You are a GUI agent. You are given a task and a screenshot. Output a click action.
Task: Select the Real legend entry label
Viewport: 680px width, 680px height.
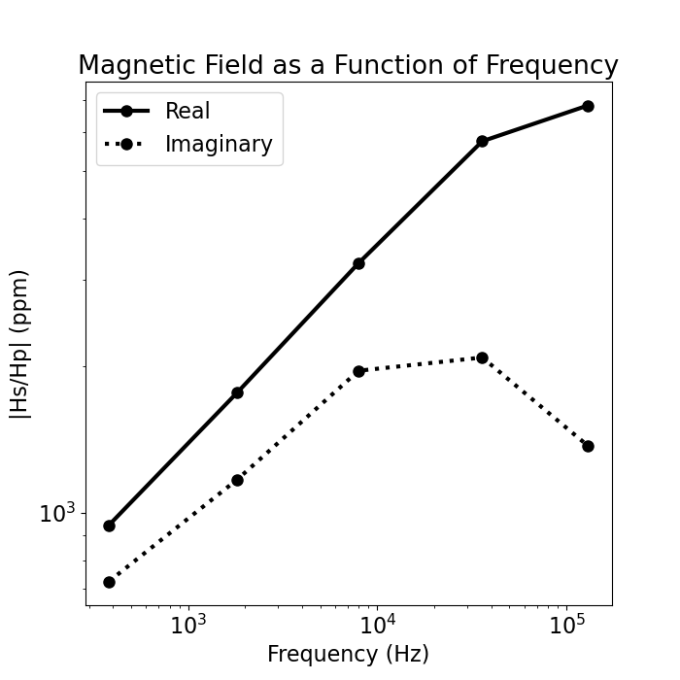coord(187,112)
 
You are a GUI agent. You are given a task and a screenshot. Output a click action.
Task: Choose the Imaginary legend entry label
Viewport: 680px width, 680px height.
coord(219,145)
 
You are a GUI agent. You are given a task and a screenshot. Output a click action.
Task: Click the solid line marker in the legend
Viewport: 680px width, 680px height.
coord(126,112)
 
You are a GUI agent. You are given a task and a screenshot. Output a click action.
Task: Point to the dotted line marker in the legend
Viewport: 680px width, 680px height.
coord(126,145)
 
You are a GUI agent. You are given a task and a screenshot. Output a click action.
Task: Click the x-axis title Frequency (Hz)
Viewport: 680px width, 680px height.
coord(348,654)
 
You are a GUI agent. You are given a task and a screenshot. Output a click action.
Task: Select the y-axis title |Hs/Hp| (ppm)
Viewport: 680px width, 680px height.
coord(20,343)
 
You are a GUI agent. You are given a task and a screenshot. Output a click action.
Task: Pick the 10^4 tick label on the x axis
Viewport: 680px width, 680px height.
coord(377,626)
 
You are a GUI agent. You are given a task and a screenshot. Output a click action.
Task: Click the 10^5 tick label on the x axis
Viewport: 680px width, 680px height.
coord(566,626)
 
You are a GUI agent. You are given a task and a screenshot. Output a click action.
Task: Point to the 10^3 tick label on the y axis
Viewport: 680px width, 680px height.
coord(57,513)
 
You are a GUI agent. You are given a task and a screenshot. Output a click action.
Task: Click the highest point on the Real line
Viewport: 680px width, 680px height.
coord(588,106)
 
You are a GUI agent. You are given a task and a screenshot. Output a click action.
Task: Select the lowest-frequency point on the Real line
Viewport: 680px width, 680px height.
coord(109,526)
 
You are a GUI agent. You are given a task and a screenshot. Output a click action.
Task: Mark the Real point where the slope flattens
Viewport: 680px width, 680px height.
coord(482,141)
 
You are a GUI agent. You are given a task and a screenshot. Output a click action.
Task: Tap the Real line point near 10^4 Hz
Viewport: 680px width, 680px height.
coord(358,263)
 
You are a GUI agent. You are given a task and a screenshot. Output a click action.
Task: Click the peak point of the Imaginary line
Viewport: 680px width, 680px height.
coord(482,357)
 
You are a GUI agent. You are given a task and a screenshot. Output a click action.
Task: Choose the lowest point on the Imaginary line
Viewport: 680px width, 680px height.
coord(109,582)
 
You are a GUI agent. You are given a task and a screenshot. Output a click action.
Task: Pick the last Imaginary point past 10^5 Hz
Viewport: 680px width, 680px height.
coord(588,446)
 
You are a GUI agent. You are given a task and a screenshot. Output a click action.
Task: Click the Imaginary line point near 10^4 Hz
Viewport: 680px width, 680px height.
coord(358,371)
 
